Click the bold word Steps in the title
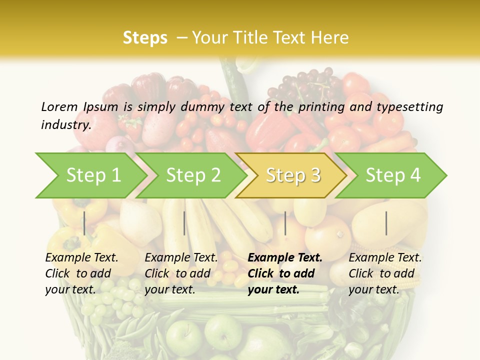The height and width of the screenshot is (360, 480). [145, 38]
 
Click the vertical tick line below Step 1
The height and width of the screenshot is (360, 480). [84, 223]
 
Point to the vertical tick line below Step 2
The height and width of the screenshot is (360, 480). [184, 223]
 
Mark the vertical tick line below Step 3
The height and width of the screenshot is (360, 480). [285, 223]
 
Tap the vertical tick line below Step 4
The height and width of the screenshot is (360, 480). [386, 223]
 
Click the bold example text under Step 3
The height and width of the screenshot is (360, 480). [284, 273]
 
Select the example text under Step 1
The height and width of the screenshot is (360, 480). [81, 273]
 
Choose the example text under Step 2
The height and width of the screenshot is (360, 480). [181, 273]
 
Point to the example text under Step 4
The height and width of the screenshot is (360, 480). [385, 273]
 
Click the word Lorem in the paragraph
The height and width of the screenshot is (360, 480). [59, 106]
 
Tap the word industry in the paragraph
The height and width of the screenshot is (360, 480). [65, 124]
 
